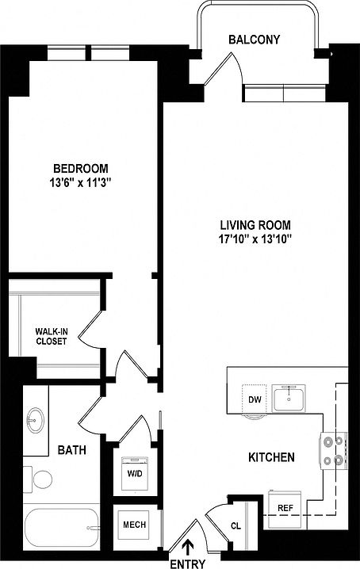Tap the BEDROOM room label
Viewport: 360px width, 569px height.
click(x=80, y=169)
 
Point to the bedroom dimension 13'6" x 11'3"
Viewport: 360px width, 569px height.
click(x=80, y=182)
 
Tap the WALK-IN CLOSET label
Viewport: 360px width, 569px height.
click(x=50, y=336)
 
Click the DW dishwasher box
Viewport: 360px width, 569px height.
click(x=255, y=399)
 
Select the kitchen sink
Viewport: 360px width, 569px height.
click(x=292, y=397)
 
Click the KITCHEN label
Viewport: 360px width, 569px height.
click(x=272, y=457)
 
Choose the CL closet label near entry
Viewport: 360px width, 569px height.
click(x=236, y=525)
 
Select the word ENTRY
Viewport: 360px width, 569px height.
click(x=187, y=563)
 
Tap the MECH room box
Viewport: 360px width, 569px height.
click(x=131, y=524)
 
